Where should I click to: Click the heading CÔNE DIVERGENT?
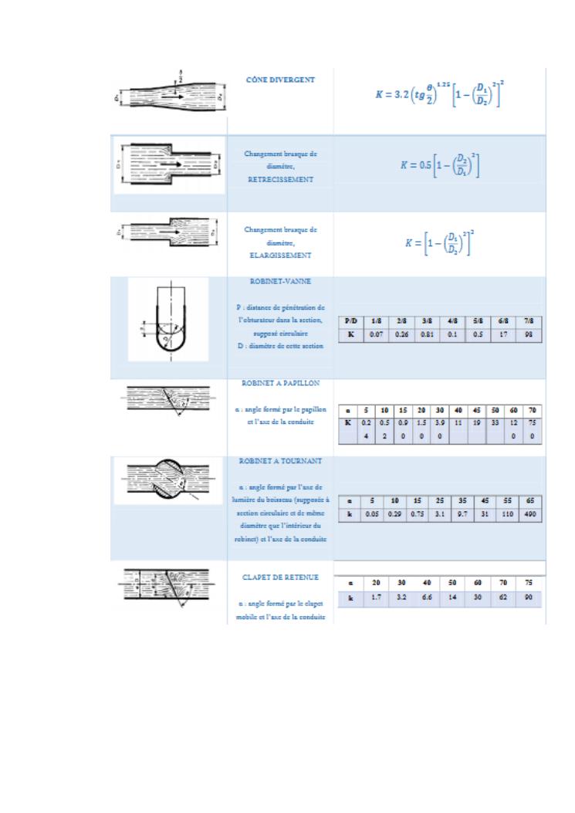coord(279,80)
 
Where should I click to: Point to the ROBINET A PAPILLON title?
coord(279,382)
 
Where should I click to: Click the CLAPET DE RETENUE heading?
coord(280,577)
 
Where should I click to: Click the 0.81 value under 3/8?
coord(427,336)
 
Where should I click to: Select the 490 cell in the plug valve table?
coord(529,514)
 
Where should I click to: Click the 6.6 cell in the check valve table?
coord(427,598)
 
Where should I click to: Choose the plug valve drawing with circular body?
coord(161,478)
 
